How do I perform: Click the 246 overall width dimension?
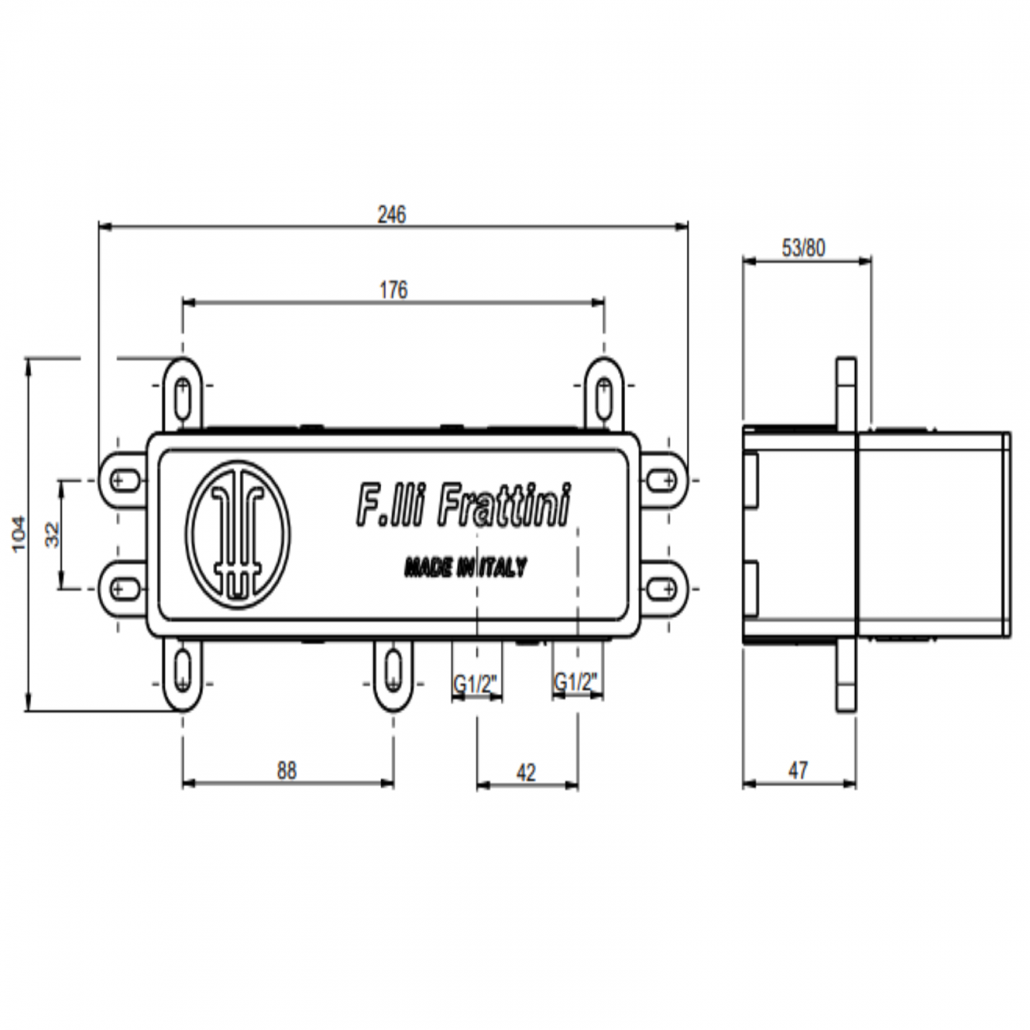click(392, 214)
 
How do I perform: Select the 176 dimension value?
click(393, 290)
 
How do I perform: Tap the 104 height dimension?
click(19, 535)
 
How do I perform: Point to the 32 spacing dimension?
click(53, 535)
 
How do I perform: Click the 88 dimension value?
click(287, 770)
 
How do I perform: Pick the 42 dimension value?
click(526, 772)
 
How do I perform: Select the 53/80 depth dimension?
click(803, 248)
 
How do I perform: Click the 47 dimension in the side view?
click(798, 770)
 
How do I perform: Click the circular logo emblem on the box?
click(238, 535)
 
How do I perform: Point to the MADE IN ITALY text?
click(465, 567)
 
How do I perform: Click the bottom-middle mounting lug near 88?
click(393, 674)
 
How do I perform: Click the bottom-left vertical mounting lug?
click(183, 674)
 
